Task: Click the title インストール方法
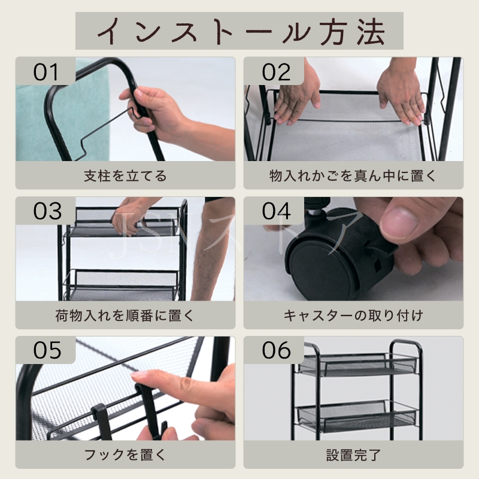click(x=241, y=31)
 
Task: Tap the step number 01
click(x=46, y=72)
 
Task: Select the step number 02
click(x=276, y=72)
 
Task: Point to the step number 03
click(x=47, y=211)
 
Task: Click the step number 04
click(x=276, y=211)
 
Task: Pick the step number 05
click(x=47, y=350)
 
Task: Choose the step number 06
click(x=276, y=350)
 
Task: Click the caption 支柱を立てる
click(x=125, y=176)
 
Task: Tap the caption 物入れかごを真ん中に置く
click(x=353, y=176)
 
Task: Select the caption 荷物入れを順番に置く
click(x=125, y=316)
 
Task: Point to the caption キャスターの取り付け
click(x=353, y=316)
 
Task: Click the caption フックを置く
click(x=125, y=455)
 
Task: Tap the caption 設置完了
click(x=353, y=455)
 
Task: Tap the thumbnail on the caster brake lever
click(x=399, y=220)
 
